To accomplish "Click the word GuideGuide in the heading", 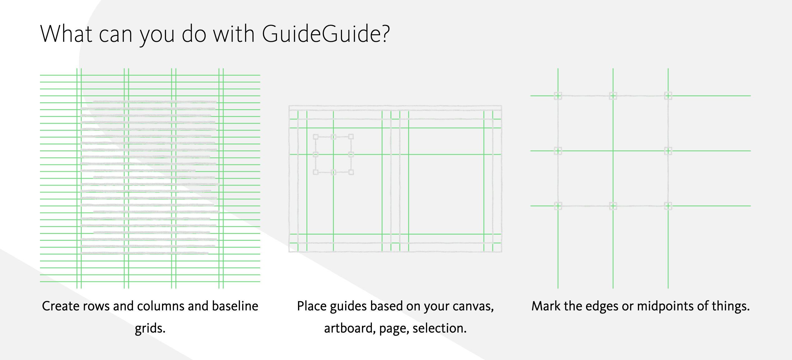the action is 322,33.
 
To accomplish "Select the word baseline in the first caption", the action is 235,306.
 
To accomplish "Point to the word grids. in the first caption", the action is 150,328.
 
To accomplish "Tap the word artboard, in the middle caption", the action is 350,328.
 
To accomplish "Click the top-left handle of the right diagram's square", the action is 558,96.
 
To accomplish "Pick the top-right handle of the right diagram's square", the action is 668,96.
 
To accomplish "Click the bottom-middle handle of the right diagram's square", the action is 613,206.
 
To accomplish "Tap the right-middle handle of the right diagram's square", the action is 668,151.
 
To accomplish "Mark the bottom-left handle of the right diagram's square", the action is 558,206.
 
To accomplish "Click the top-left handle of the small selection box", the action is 316,137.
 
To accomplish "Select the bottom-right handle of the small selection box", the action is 351,172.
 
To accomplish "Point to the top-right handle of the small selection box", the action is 351,137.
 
